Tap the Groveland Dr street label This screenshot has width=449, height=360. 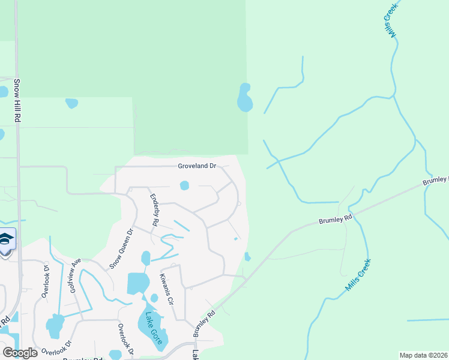(x=196, y=166)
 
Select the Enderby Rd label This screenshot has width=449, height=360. (x=154, y=209)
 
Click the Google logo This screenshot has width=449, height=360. (x=20, y=353)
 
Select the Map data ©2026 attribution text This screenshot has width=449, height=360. (x=423, y=355)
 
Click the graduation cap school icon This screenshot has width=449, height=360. (x=6, y=241)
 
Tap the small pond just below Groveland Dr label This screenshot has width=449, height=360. (x=184, y=185)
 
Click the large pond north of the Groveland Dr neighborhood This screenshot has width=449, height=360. (x=244, y=98)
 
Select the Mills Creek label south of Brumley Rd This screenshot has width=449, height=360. (x=359, y=275)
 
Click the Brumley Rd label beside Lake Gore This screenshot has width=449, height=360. (x=203, y=323)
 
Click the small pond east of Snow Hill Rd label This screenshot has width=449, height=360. (x=71, y=103)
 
